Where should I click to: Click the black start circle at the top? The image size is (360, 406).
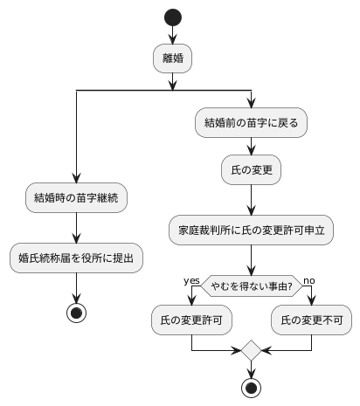point(173,17)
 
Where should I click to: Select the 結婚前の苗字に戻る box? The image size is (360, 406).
point(251,123)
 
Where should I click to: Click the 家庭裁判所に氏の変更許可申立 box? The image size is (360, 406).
point(251,231)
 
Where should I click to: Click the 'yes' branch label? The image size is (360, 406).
point(191,279)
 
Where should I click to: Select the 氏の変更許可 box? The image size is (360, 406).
point(190,320)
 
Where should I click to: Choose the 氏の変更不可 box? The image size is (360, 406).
point(311,320)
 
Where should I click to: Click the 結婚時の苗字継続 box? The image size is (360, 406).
point(77,197)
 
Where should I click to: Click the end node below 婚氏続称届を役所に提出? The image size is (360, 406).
point(77,313)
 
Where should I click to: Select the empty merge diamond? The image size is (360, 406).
point(251,351)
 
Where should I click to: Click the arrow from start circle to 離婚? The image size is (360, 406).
point(173,35)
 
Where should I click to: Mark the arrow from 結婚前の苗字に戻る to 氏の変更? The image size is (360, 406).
point(251,148)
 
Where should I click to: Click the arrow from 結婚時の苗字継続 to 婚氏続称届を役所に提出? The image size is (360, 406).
point(77,227)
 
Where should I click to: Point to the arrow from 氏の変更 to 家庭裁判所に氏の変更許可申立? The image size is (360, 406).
point(251,200)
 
